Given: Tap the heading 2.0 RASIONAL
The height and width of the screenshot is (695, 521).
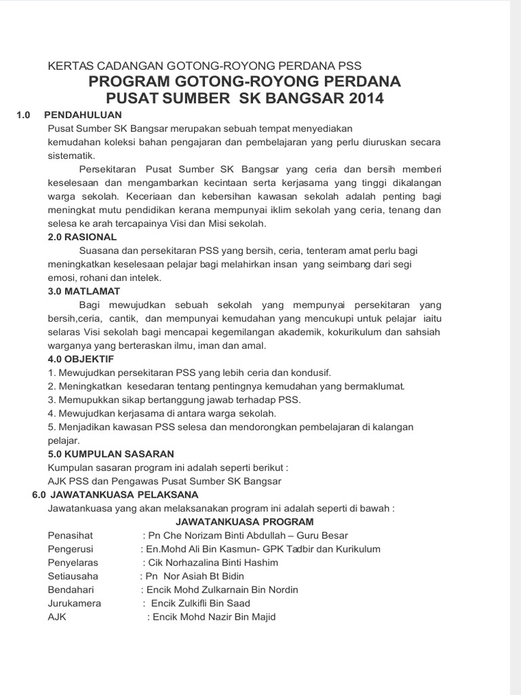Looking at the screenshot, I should (x=82, y=237).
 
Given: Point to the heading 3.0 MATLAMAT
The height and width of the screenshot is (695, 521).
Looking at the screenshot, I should (x=83, y=291).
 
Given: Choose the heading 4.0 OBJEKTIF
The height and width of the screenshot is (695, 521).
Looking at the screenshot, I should (x=81, y=358).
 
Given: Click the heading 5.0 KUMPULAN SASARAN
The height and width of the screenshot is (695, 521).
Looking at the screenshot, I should (x=111, y=453).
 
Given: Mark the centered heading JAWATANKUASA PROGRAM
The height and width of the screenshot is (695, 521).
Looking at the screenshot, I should (x=244, y=521).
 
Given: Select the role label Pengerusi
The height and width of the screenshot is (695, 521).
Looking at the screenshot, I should (x=71, y=549).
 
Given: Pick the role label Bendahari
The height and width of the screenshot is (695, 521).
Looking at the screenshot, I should (x=71, y=590).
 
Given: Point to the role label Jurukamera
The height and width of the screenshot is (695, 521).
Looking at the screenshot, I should (x=74, y=603).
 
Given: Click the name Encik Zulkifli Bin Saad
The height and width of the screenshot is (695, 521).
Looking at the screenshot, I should (x=200, y=603).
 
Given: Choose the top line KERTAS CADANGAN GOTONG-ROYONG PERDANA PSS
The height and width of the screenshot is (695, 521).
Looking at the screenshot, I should (x=204, y=67).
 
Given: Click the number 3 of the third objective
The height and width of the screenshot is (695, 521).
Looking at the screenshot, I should (x=50, y=400).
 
